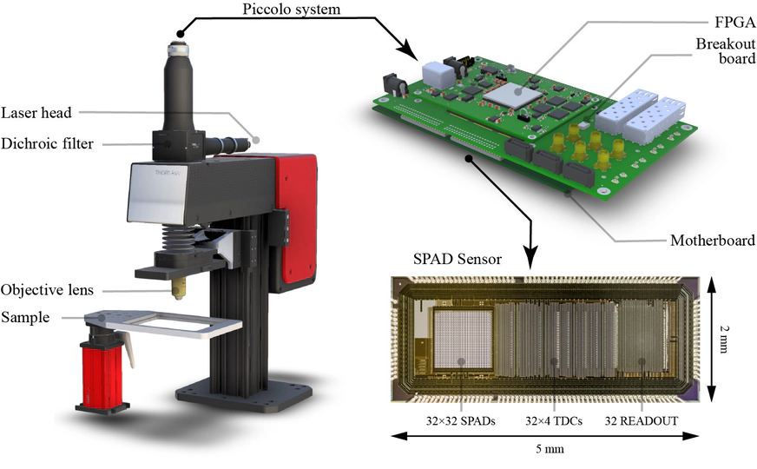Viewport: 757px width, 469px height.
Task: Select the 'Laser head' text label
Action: click(x=36, y=113)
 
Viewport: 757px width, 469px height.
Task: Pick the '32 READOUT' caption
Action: click(x=642, y=420)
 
